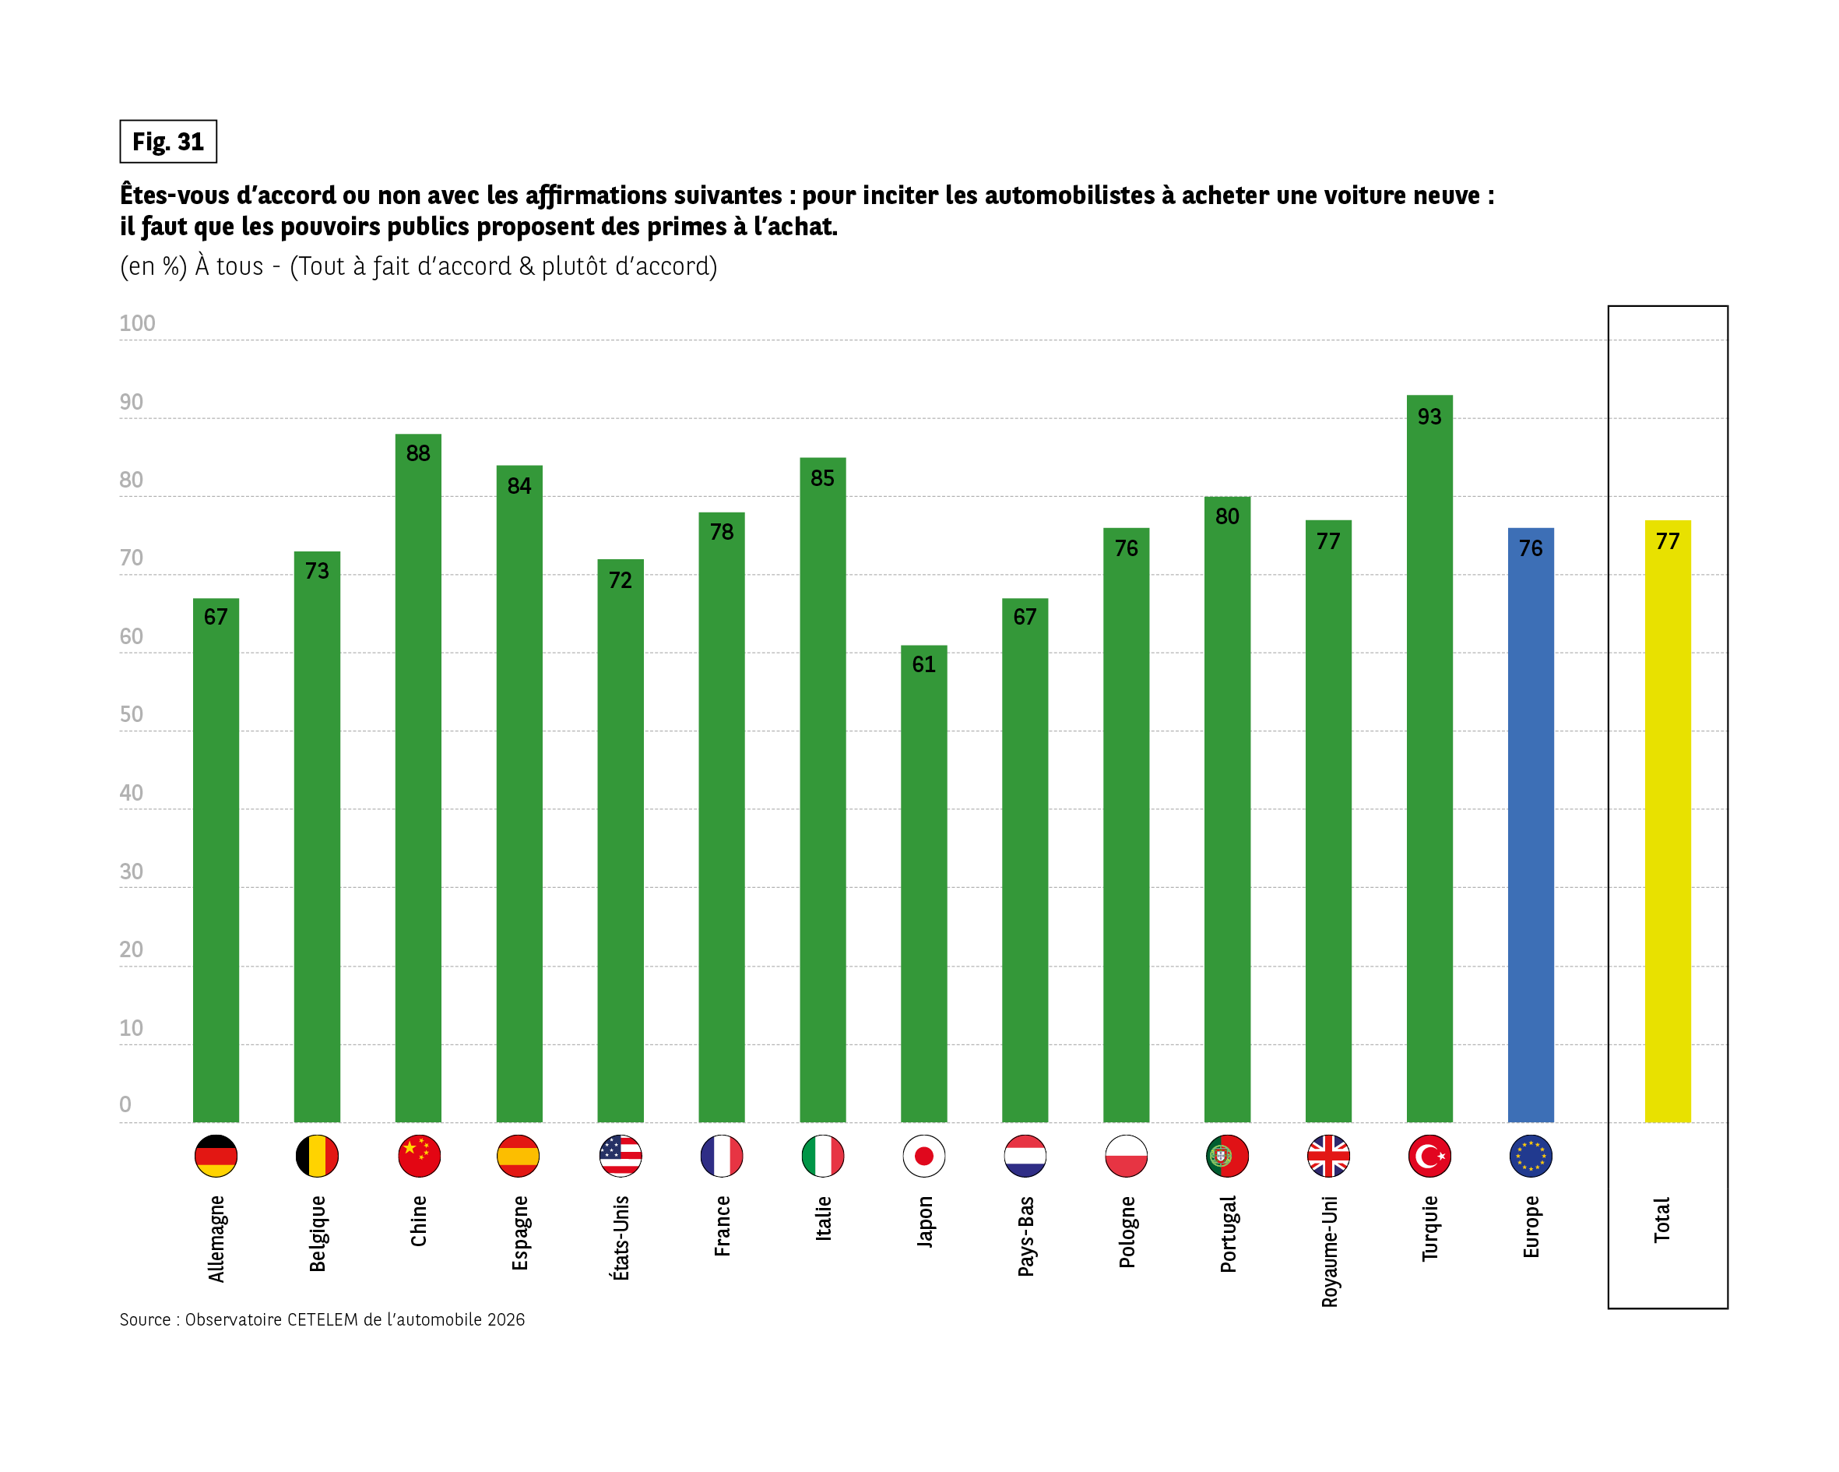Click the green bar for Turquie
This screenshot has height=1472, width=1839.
(x=1429, y=768)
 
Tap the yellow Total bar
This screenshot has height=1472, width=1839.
(x=1667, y=828)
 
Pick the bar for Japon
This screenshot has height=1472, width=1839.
(x=923, y=887)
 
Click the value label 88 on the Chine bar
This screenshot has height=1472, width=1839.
(x=418, y=453)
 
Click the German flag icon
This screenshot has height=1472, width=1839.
(x=216, y=1157)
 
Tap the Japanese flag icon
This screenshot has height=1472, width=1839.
(x=923, y=1157)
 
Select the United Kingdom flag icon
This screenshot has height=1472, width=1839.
(x=1328, y=1157)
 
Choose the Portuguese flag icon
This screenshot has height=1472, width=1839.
(x=1227, y=1157)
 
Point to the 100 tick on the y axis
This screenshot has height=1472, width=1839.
(x=136, y=323)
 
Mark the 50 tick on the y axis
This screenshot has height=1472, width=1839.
(x=132, y=714)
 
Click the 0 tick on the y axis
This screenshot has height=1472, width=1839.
(x=125, y=1104)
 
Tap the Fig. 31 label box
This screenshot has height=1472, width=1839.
(x=168, y=142)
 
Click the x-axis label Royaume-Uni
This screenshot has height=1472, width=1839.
(x=1329, y=1251)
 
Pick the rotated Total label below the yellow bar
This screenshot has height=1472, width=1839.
(x=1661, y=1220)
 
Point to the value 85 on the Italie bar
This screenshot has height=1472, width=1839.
(x=822, y=478)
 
